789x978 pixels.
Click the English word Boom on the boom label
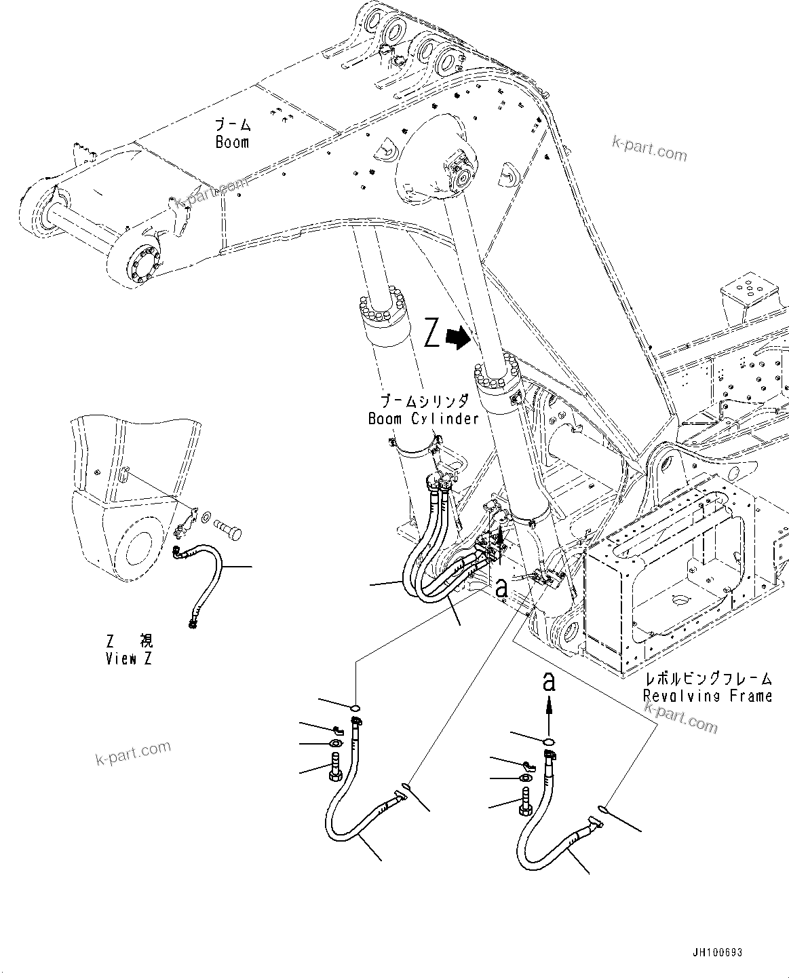pos(232,143)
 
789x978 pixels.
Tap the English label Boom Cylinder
pos(423,419)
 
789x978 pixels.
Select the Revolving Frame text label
pos(708,696)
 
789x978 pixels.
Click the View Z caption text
pos(129,658)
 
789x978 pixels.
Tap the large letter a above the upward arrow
pos(550,681)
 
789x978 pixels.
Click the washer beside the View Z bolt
pos(206,519)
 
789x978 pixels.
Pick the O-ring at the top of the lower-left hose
pos(354,708)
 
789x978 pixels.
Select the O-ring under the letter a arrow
pos(550,740)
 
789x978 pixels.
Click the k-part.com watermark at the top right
pos(649,148)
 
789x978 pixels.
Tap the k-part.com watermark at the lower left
pos(133,752)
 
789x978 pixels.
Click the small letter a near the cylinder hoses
pos(501,588)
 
